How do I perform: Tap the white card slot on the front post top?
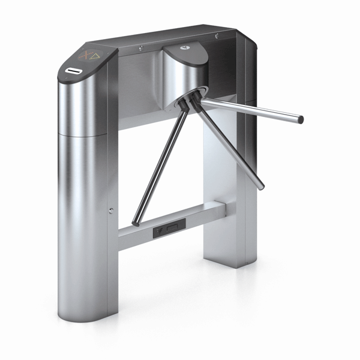click(x=74, y=71)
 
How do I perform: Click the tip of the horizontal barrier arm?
click(x=300, y=119)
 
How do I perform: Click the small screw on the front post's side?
click(x=112, y=210)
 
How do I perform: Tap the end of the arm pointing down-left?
click(x=136, y=222)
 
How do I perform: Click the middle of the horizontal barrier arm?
click(x=252, y=110)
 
